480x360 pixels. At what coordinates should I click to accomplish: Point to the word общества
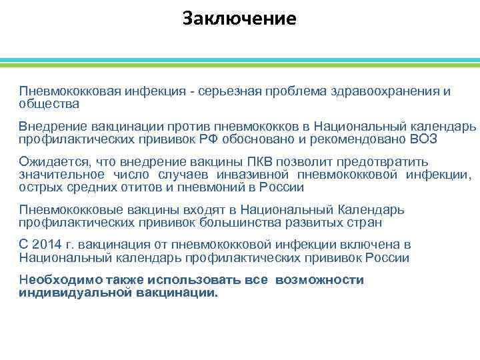pyautogui.click(x=49, y=103)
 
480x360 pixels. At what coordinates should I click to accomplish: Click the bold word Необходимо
pyautogui.click(x=53, y=280)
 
